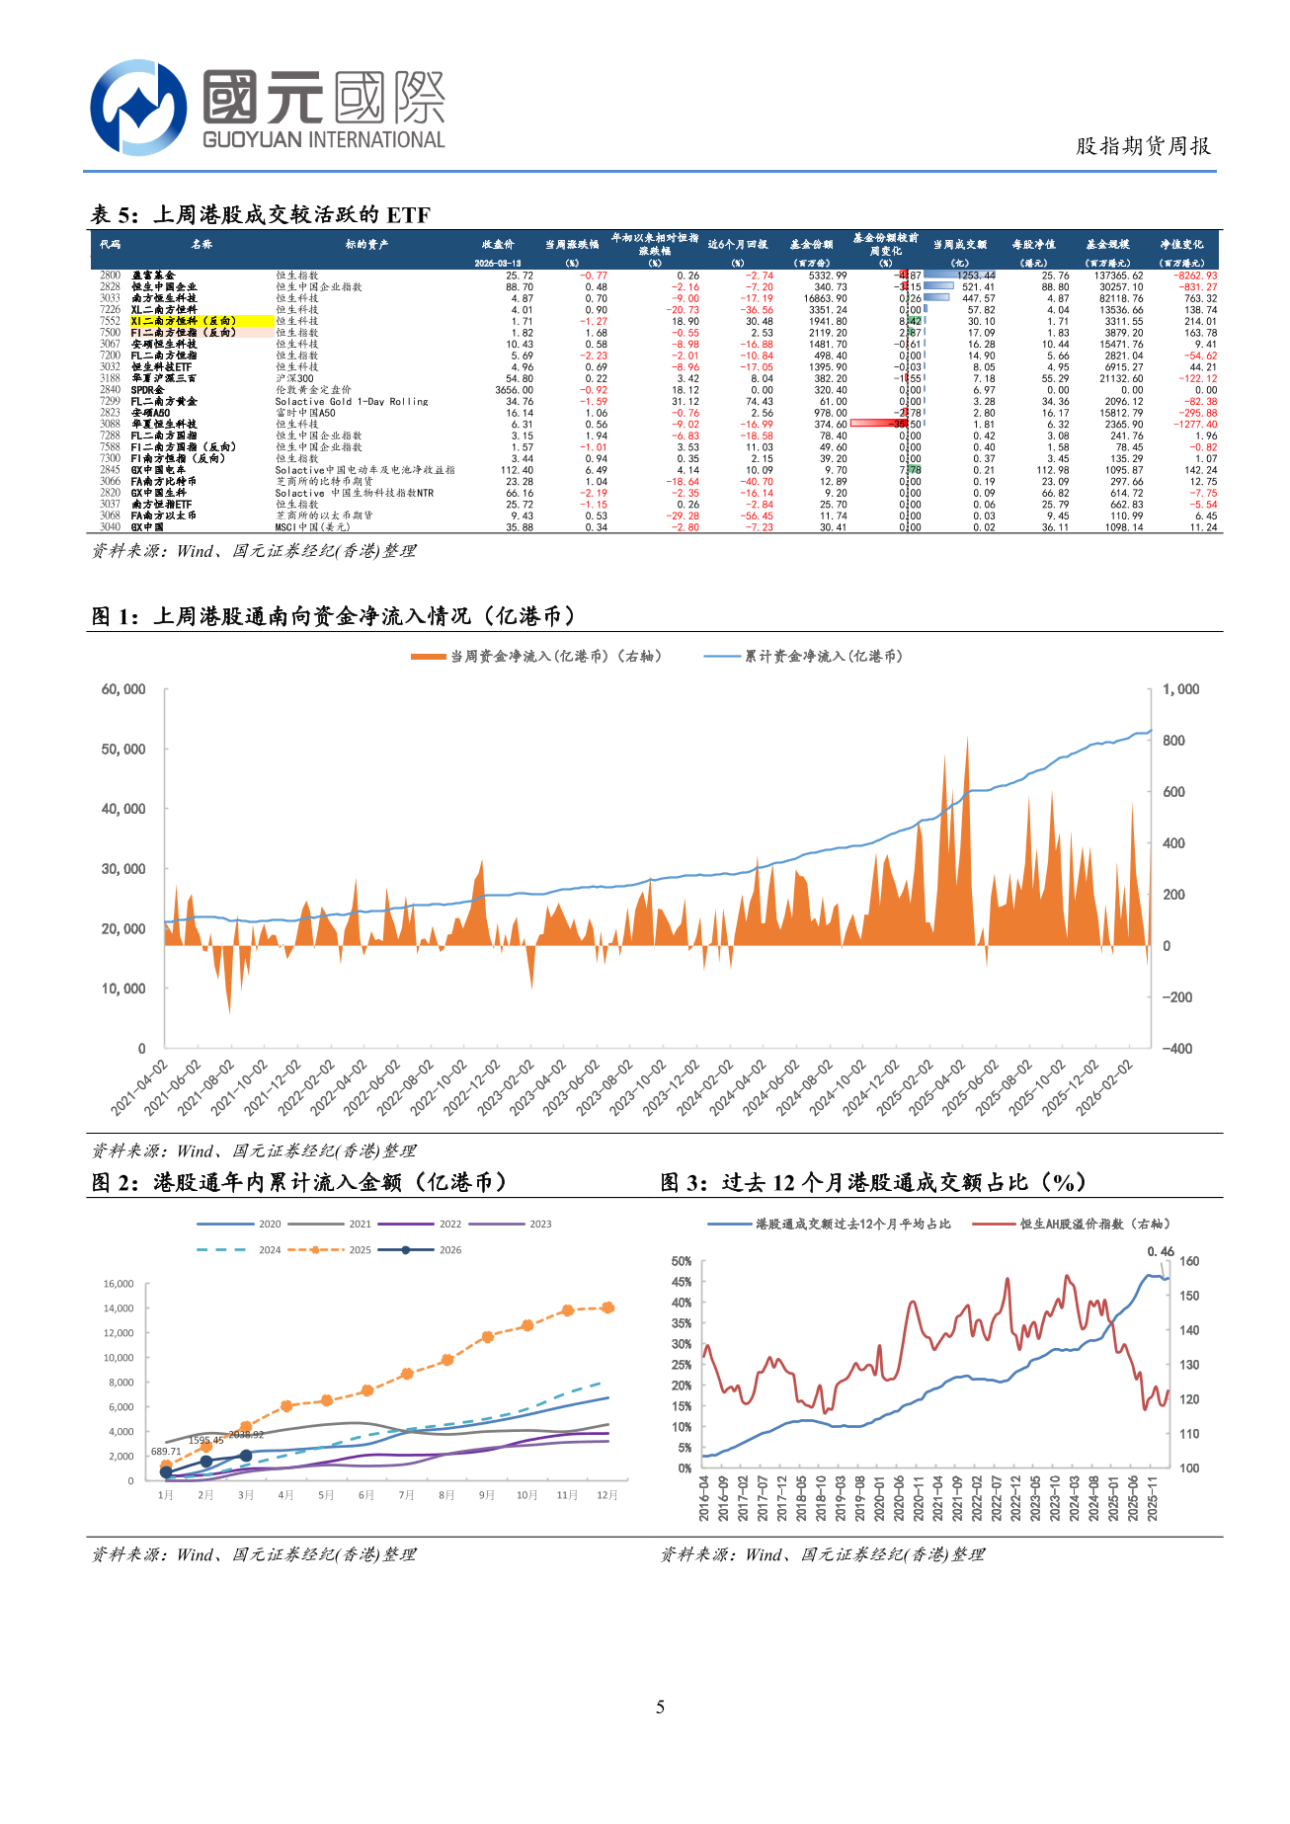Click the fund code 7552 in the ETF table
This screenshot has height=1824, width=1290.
coord(110,321)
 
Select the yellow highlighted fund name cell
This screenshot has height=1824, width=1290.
coord(201,321)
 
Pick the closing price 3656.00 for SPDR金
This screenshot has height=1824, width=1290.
coord(514,390)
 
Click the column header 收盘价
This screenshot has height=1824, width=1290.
coord(498,244)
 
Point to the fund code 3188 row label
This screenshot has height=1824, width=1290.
coord(110,378)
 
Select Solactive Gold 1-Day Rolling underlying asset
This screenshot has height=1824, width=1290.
coord(352,402)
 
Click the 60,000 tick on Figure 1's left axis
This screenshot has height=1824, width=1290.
coord(123,689)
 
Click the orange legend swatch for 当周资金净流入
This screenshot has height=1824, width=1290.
coord(428,657)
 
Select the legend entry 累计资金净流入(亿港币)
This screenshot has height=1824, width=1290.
coord(823,657)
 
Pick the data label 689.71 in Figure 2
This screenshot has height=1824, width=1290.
coord(166,1452)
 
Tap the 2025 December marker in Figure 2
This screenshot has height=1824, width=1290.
coord(607,1308)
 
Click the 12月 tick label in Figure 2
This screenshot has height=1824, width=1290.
coord(606,1495)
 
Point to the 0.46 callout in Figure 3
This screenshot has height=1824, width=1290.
coord(1161,1251)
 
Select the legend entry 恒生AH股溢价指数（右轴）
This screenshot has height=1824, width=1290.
coord(1094,1225)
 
